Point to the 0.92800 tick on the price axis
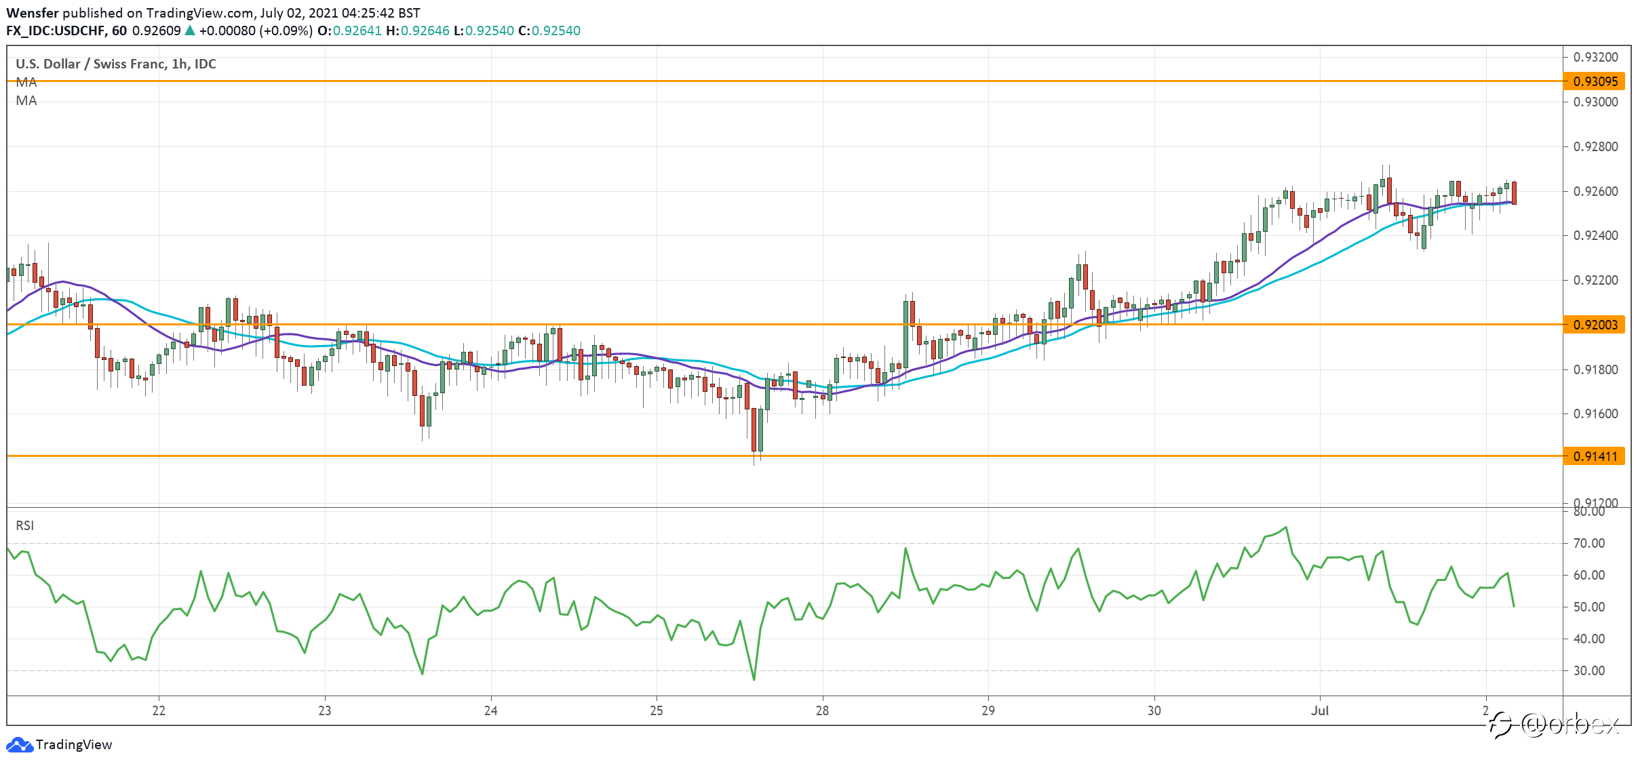coord(1595,146)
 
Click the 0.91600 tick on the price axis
coord(1595,414)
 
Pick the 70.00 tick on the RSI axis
coord(1589,543)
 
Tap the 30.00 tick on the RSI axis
coord(1589,670)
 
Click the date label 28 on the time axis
coord(822,710)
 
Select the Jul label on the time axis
coord(1320,710)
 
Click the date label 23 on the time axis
coord(325,710)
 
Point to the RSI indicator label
coord(25,525)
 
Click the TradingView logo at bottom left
coord(59,744)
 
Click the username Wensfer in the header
coord(33,13)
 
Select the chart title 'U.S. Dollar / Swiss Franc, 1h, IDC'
coord(116,64)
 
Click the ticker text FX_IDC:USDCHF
coord(56,31)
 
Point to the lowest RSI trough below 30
coord(754,679)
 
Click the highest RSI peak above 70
coord(1286,527)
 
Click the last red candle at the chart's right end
coord(1514,193)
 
